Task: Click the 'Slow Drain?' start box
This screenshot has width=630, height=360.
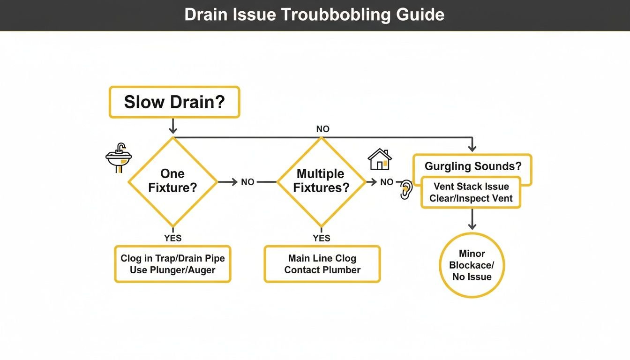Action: (x=174, y=102)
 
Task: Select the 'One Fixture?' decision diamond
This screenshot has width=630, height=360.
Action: (x=172, y=181)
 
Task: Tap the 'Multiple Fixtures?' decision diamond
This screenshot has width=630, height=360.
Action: (x=321, y=181)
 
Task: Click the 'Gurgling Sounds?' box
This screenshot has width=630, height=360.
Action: (x=472, y=166)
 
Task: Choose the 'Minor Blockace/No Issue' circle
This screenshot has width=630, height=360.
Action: (x=472, y=265)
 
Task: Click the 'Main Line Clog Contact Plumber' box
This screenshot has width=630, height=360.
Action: (x=322, y=264)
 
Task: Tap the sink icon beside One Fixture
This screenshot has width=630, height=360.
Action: (x=119, y=158)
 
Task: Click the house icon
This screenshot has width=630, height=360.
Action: (x=380, y=159)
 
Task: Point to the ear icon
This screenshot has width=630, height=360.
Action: (x=405, y=189)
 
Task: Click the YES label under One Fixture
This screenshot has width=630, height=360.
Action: (x=172, y=238)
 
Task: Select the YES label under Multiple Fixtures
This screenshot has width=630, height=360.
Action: (x=322, y=238)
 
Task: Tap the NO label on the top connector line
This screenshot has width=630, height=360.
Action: (x=322, y=129)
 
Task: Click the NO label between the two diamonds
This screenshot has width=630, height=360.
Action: (x=247, y=182)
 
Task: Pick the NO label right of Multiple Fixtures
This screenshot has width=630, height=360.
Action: (x=387, y=182)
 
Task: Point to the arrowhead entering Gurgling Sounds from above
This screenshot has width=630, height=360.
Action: (x=472, y=147)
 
